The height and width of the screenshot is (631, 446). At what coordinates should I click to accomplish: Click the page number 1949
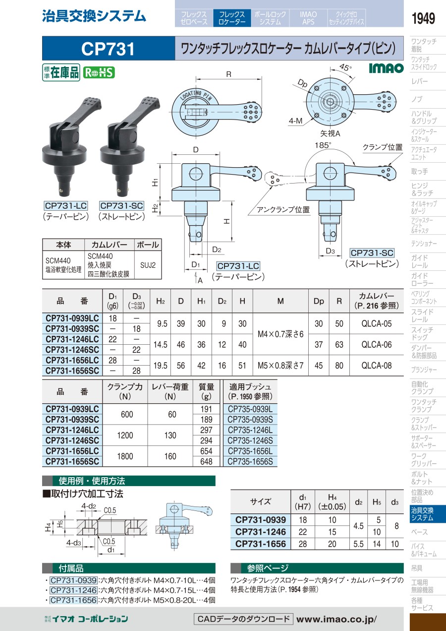click(423, 18)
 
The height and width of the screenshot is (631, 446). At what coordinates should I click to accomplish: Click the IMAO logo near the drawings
click(386, 68)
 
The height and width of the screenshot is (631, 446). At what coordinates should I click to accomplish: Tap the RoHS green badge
click(99, 73)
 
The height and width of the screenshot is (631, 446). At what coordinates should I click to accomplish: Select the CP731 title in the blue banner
click(108, 49)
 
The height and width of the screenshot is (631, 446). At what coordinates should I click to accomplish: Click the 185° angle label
click(323, 145)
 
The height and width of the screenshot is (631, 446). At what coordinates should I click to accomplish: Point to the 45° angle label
click(345, 67)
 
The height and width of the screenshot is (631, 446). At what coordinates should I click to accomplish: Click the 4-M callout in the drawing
click(295, 121)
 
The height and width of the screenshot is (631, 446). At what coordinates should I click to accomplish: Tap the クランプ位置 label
click(383, 147)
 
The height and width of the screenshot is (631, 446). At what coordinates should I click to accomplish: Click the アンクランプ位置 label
click(283, 209)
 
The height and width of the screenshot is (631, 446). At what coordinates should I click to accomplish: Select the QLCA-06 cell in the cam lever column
click(377, 344)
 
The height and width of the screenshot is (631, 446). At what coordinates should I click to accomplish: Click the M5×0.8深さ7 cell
click(280, 366)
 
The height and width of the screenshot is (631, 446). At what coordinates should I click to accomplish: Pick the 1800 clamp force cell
click(125, 456)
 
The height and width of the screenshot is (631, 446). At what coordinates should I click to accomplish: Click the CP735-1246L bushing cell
click(250, 430)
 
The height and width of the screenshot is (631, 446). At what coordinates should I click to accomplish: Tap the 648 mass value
click(206, 462)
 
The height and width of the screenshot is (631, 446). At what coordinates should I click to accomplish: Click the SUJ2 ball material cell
click(148, 265)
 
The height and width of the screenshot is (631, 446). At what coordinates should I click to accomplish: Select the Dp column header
click(319, 301)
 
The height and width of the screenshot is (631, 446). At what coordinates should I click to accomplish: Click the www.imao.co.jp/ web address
click(336, 619)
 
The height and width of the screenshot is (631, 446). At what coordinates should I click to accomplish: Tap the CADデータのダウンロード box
click(243, 619)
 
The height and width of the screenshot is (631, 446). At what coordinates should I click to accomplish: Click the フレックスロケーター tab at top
click(232, 18)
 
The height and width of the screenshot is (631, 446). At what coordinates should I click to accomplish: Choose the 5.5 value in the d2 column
click(358, 544)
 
